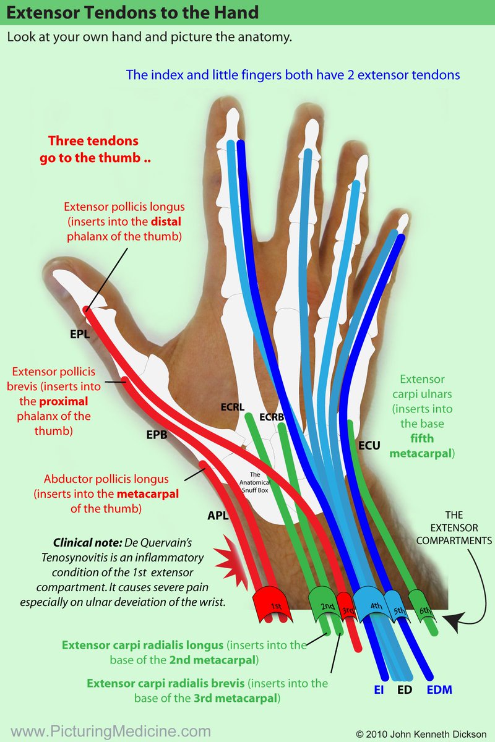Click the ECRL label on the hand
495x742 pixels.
(x=233, y=407)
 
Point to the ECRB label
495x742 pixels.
(x=272, y=417)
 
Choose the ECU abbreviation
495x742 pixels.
(x=369, y=445)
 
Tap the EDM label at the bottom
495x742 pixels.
(x=439, y=689)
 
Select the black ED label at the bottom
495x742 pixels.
(x=405, y=689)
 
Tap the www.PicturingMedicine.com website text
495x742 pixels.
(x=111, y=731)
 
